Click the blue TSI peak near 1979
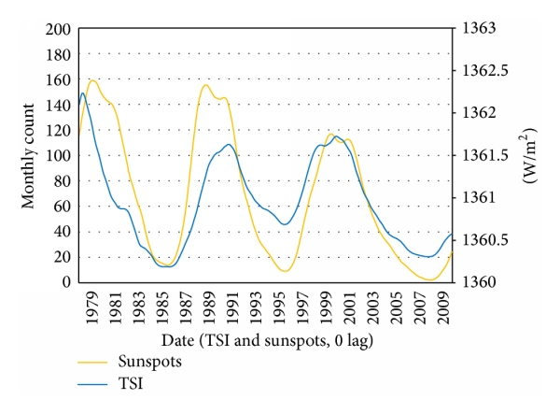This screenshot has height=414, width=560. click(83, 93)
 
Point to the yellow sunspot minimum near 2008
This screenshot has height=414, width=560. click(430, 279)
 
